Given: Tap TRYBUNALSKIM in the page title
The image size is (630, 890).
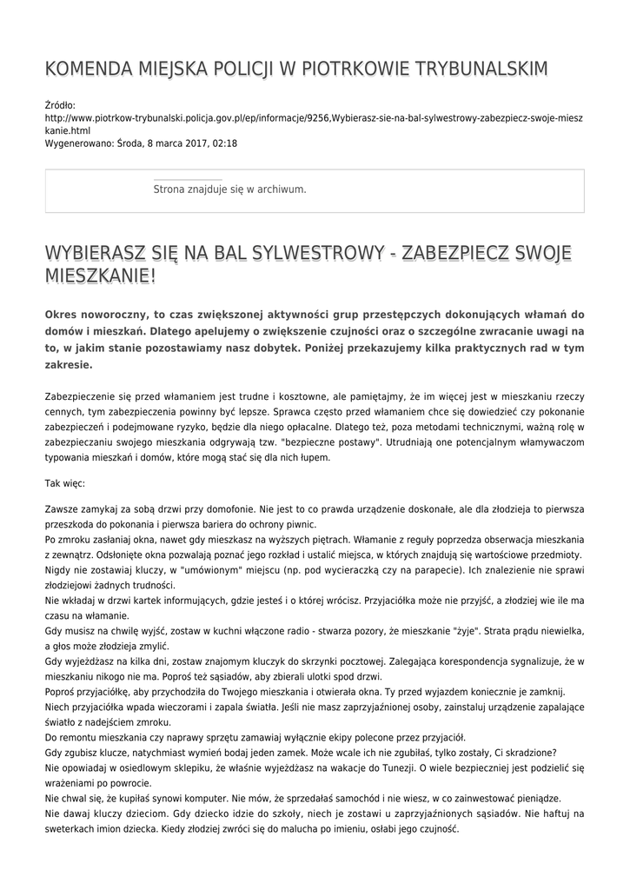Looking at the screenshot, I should coord(474,70).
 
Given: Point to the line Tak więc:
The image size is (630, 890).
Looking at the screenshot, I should coord(65,482).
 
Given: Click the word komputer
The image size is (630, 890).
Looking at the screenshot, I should coord(218,797).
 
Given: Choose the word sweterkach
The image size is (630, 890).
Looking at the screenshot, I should coord(71,828).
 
